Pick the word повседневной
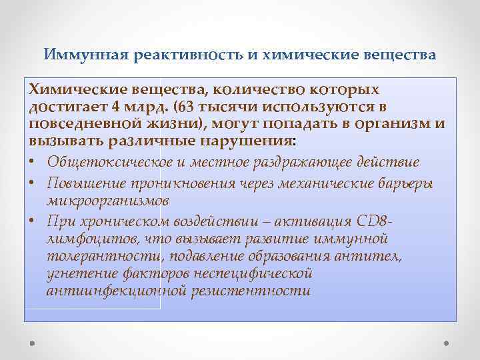(79, 124)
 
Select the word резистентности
(250, 291)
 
